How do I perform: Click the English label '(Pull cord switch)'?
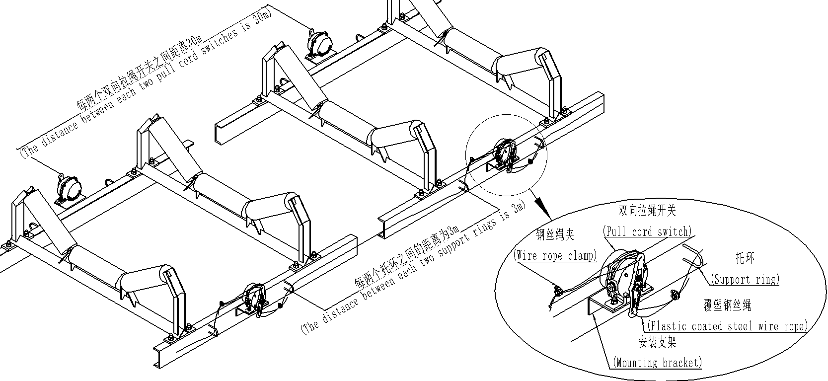[x=647, y=231]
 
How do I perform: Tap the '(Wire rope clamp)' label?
[x=556, y=255]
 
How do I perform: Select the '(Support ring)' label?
[x=745, y=279]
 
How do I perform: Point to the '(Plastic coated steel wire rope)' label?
[x=727, y=326]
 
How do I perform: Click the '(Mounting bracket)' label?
[x=658, y=362]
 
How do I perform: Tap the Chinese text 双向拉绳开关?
[x=647, y=211]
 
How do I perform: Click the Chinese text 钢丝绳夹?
[x=555, y=234]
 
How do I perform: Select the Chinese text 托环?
[x=745, y=258]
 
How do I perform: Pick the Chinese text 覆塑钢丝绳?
[x=727, y=305]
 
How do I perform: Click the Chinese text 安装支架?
[x=657, y=342]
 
